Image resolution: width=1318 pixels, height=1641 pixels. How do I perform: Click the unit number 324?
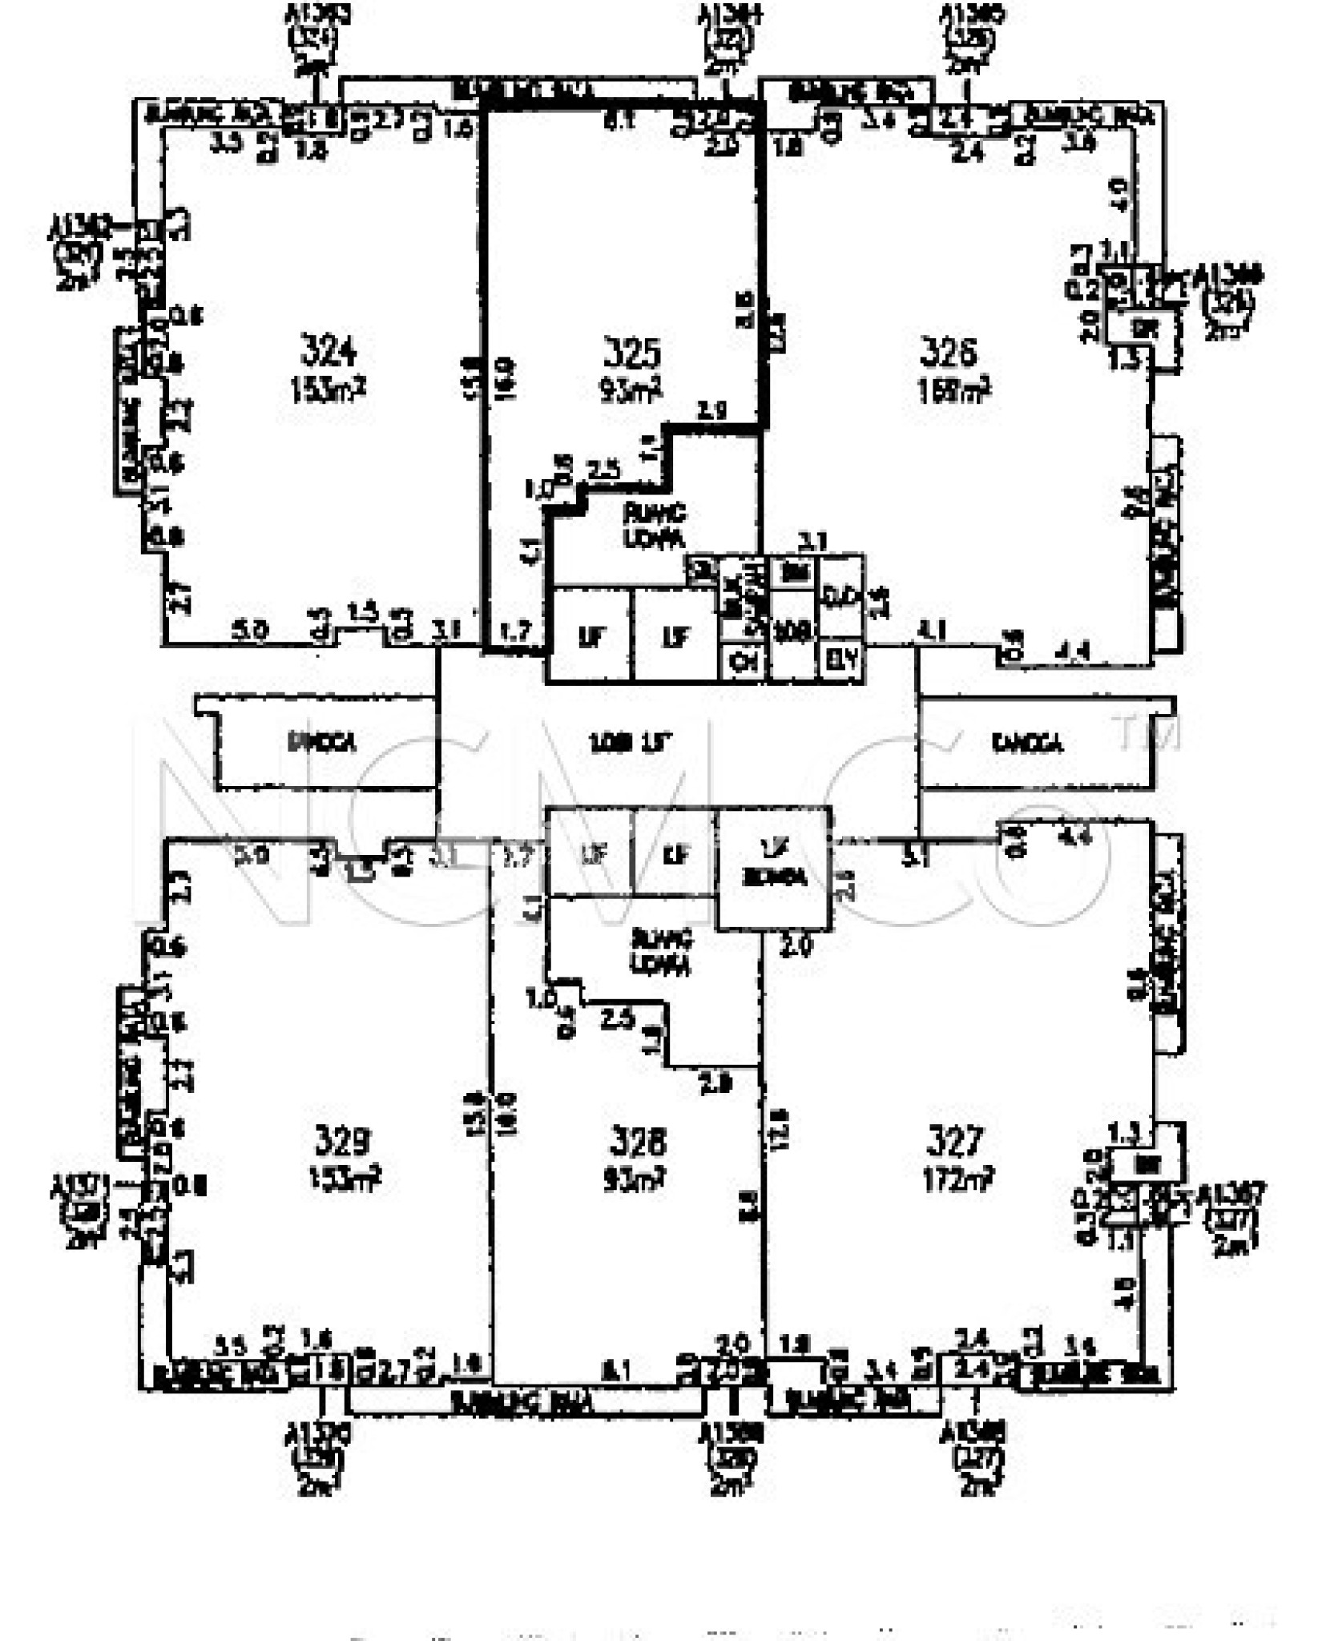328,351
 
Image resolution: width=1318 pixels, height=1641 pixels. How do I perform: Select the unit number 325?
631,353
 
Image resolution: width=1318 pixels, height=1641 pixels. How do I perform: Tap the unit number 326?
949,351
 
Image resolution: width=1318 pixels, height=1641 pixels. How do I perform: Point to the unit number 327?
955,1140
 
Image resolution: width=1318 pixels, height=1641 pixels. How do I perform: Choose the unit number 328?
638,1142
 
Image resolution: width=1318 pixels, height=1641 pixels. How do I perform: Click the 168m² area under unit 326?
953,391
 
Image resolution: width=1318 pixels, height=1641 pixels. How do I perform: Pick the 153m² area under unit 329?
345,1179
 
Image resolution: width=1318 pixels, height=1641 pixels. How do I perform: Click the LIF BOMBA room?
773,868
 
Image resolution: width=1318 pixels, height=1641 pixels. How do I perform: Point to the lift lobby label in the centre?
630,744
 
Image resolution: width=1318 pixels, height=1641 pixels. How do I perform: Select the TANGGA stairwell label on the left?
322,743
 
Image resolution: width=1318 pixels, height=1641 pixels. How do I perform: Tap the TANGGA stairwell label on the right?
1027,744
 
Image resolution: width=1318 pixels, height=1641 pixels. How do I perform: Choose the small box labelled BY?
842,660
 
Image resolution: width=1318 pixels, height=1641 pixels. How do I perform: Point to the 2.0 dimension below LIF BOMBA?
796,946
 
